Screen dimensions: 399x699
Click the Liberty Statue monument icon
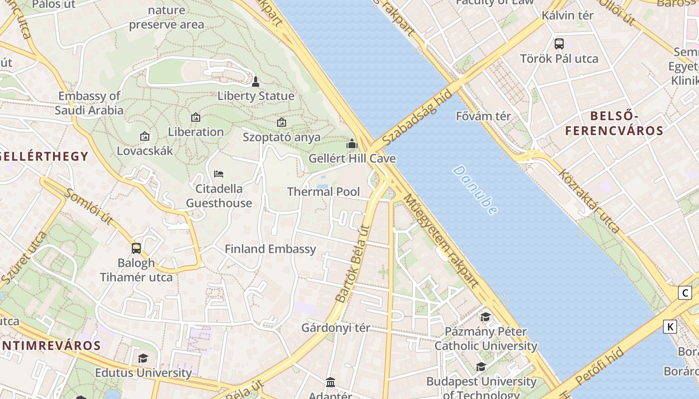click(x=256, y=81)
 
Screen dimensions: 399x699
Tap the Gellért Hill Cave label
click(x=352, y=159)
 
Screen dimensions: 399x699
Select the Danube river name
click(x=475, y=190)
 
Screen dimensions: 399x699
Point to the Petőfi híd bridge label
click(x=599, y=367)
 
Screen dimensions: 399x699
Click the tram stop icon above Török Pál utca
click(x=559, y=44)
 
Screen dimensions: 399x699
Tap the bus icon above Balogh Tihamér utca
click(x=136, y=248)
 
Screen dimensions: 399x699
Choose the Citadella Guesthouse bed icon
click(x=219, y=174)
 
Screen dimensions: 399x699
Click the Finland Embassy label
click(x=270, y=249)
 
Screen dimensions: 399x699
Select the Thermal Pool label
click(x=324, y=192)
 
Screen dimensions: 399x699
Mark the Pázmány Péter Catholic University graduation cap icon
click(x=485, y=317)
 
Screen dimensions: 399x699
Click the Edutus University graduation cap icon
click(x=143, y=358)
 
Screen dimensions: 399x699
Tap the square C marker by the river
click(x=685, y=293)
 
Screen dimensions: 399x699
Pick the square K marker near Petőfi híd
click(x=670, y=327)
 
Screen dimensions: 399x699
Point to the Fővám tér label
click(x=483, y=116)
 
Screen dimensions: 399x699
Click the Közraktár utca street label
click(x=589, y=201)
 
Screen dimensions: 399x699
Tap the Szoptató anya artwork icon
click(x=282, y=122)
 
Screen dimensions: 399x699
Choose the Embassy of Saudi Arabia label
click(x=89, y=103)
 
